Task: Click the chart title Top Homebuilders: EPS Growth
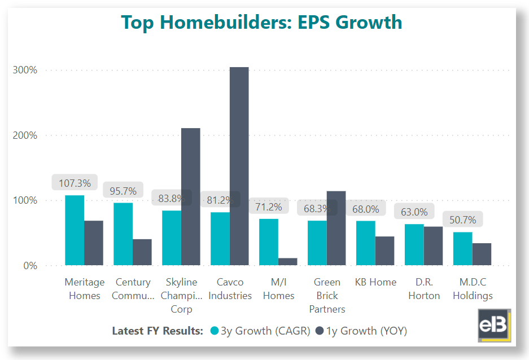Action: pyautogui.click(x=261, y=22)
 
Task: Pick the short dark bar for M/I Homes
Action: pyautogui.click(x=287, y=261)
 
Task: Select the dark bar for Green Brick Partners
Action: pyautogui.click(x=336, y=228)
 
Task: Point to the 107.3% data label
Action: pyautogui.click(x=75, y=183)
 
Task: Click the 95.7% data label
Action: pyautogui.click(x=123, y=190)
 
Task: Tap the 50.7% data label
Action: pyautogui.click(x=462, y=219)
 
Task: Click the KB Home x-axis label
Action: pyautogui.click(x=375, y=282)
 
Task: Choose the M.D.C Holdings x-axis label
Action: pyautogui.click(x=473, y=289)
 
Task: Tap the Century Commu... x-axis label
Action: pyautogui.click(x=133, y=289)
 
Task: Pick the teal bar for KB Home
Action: pyautogui.click(x=365, y=243)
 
